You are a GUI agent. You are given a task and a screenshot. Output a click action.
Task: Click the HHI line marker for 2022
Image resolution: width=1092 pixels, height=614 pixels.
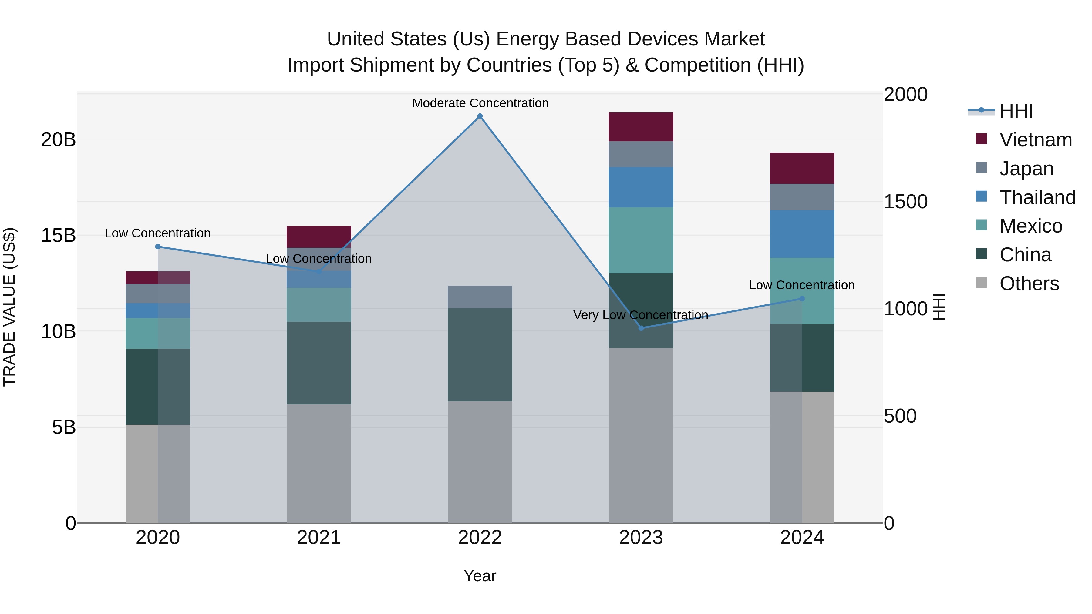[x=480, y=116]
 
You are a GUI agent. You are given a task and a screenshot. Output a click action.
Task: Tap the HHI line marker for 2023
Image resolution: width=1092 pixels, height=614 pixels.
[x=641, y=328]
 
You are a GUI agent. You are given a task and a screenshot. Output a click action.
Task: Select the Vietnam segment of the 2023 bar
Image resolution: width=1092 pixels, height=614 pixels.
[x=641, y=127]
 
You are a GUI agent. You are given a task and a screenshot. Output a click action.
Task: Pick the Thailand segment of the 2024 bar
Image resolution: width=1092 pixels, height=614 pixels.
[x=802, y=234]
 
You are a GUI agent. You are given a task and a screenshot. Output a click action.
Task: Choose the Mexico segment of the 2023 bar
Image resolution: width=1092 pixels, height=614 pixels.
[x=641, y=240]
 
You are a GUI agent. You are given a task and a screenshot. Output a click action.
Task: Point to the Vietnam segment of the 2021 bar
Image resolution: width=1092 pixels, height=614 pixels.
[x=319, y=237]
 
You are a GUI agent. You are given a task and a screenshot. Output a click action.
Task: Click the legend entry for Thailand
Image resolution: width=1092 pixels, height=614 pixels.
[x=1037, y=197]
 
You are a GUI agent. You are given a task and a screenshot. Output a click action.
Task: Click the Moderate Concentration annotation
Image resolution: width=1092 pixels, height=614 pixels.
[x=480, y=103]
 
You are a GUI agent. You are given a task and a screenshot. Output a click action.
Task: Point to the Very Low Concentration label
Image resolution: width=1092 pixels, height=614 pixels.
[x=641, y=315]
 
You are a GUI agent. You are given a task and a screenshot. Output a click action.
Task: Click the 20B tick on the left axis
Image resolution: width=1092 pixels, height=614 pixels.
[x=58, y=139]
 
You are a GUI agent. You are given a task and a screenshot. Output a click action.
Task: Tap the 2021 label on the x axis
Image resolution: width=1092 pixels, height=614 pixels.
[x=319, y=537]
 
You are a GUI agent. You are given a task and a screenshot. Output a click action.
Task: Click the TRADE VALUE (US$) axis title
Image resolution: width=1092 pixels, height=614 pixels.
[x=9, y=307]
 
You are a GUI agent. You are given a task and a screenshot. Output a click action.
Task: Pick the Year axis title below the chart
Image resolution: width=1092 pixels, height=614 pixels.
[x=480, y=576]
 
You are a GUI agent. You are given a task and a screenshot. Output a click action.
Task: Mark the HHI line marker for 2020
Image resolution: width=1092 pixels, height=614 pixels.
[x=158, y=247]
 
